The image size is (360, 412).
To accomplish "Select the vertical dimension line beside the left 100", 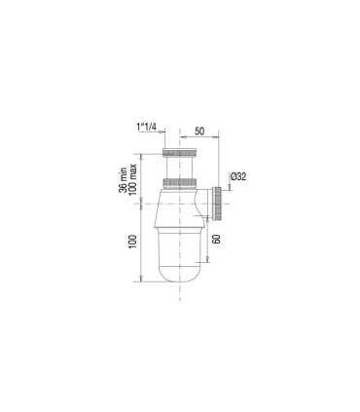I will pyautogui.click(x=141, y=243).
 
